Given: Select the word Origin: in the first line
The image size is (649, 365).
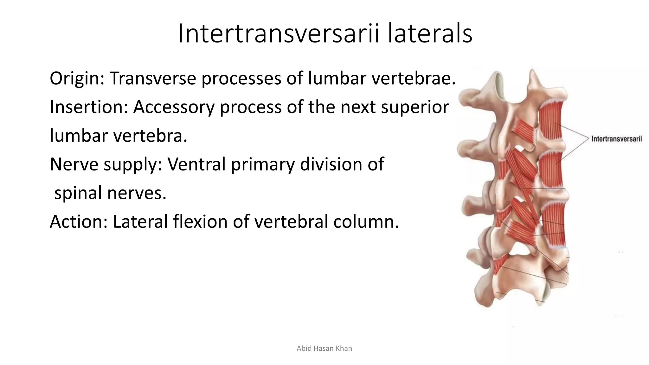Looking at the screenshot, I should (77, 79).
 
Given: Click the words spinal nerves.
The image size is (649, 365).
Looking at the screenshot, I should (110, 193).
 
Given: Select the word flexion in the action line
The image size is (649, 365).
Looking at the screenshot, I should (200, 221).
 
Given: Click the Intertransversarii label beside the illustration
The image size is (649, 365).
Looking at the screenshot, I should (616, 139).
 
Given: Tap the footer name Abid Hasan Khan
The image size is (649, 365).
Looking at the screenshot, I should (324, 349).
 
